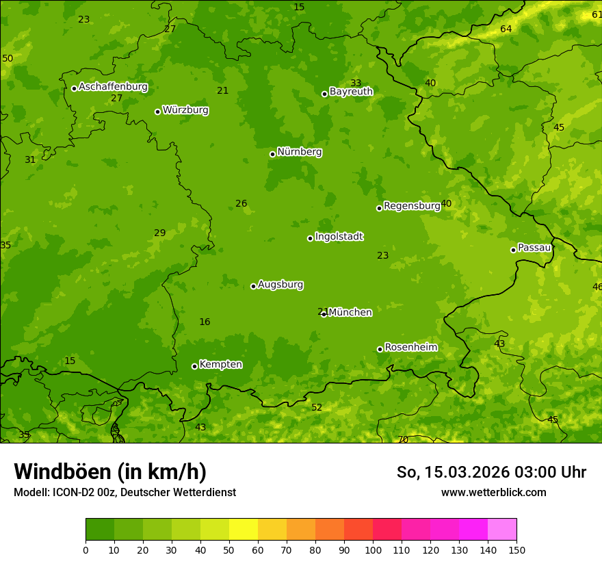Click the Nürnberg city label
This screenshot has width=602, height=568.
(299, 152)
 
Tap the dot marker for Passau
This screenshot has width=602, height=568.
(513, 250)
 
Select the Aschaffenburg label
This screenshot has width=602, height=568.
(113, 87)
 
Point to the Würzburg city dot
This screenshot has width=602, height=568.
(157, 112)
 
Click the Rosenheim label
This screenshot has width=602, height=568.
(410, 347)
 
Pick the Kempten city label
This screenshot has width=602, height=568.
(220, 364)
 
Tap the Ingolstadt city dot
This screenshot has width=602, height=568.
(310, 238)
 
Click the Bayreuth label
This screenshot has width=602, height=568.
(351, 91)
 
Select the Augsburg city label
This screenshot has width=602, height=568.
(280, 284)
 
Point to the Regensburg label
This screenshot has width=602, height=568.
(412, 205)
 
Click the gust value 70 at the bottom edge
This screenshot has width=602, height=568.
(403, 439)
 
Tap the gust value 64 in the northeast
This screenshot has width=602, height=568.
(506, 29)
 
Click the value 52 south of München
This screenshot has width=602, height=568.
(317, 407)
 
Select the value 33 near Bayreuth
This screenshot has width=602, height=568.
(356, 83)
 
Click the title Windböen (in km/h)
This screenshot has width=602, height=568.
(110, 472)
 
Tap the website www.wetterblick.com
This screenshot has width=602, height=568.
(493, 492)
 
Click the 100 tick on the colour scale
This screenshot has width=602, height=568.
(373, 549)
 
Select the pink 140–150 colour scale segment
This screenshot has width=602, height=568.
(502, 530)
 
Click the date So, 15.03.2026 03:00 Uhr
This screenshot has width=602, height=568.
(491, 472)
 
